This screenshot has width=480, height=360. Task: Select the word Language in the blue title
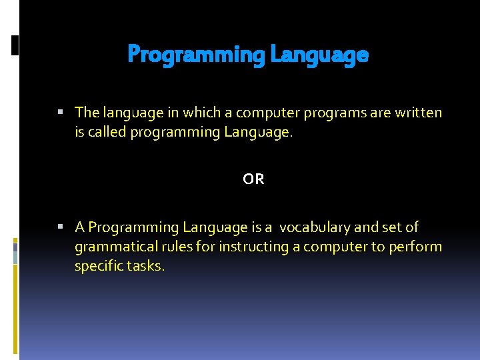319,55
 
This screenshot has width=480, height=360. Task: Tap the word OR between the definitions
253,179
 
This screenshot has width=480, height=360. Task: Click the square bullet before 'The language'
61,113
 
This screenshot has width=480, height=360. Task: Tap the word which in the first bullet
193,113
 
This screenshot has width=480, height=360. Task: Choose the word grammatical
111,247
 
